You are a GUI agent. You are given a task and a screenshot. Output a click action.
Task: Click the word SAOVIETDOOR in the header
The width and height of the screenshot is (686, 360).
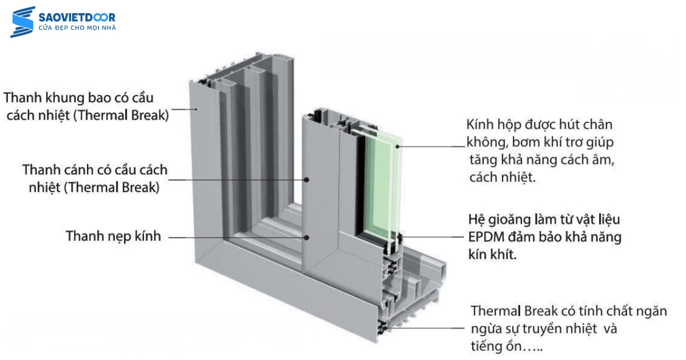pos(77,17)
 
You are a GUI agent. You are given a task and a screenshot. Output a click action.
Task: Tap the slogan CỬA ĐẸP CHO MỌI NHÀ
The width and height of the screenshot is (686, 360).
pos(77,28)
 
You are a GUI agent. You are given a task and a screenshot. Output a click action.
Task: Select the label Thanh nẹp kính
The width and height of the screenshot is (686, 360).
pos(113,235)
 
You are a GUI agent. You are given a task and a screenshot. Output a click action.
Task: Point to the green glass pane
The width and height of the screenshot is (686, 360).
pos(382,189)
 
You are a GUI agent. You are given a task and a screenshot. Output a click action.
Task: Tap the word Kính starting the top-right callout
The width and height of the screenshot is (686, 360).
pos(479,125)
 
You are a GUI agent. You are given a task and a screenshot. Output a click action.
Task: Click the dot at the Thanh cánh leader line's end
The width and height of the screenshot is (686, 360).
pos(307,179)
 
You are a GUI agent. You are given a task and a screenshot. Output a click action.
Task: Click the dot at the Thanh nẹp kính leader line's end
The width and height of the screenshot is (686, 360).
pos(307,237)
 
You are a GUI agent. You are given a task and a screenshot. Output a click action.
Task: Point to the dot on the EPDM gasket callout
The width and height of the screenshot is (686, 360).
pos(402,236)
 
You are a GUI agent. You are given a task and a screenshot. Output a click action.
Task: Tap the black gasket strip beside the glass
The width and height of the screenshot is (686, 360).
pos(361,189)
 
